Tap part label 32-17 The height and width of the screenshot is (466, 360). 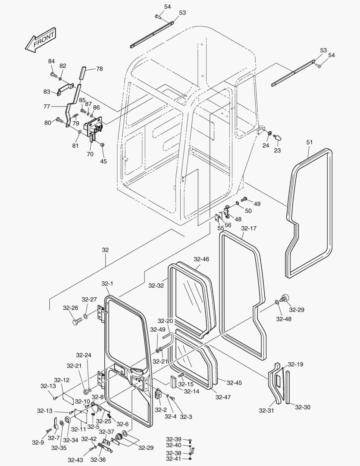click(x=249, y=228)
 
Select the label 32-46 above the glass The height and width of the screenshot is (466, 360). click(x=201, y=259)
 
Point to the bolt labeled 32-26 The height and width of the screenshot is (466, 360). click(x=77, y=321)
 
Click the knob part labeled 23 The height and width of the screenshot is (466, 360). click(x=278, y=137)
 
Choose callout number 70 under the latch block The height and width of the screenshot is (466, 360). click(x=90, y=153)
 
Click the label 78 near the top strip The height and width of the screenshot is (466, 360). click(x=99, y=69)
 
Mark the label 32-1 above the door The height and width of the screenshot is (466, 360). click(x=107, y=283)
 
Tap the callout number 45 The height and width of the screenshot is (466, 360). click(x=103, y=161)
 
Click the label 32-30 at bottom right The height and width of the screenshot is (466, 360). click(x=302, y=407)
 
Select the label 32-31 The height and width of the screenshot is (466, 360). click(x=267, y=410)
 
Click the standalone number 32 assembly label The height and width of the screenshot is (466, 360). click(x=105, y=249)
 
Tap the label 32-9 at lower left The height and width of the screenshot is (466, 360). click(x=38, y=442)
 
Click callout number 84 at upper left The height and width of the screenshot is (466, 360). click(x=51, y=61)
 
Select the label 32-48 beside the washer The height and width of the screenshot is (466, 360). click(x=284, y=319)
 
